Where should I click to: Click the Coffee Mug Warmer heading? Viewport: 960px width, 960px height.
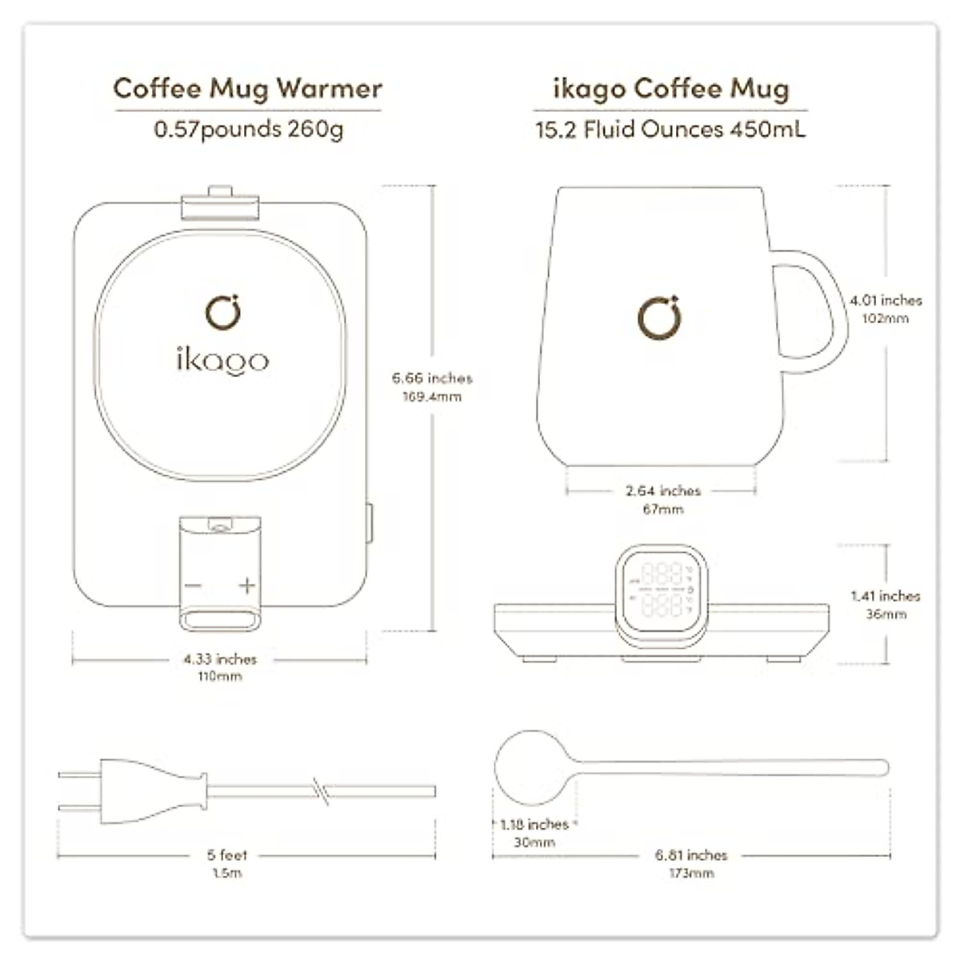248,88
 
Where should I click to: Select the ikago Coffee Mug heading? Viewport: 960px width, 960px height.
670,88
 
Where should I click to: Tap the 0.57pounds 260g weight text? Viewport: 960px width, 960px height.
248,129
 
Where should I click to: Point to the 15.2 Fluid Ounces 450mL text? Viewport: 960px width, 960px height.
670,129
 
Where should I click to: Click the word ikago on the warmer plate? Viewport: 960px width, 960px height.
222,360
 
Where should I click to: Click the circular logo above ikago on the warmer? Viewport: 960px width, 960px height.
222,312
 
